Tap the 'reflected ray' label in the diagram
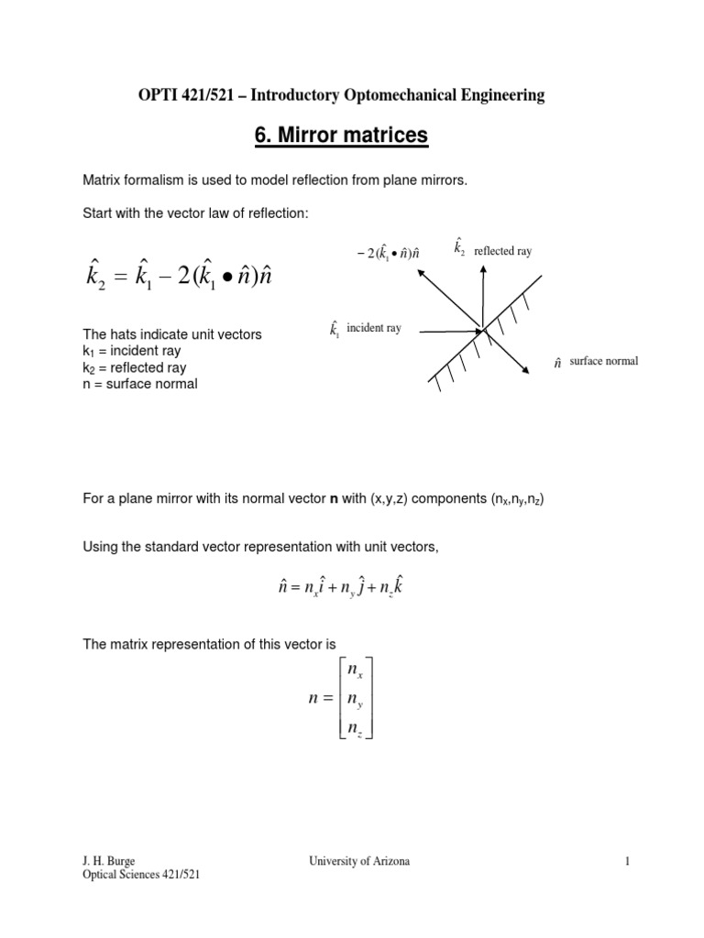(501, 250)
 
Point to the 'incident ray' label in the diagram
(373, 328)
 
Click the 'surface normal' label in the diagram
(602, 362)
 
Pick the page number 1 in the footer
(628, 861)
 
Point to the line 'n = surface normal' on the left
(139, 384)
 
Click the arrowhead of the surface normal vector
(526, 370)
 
